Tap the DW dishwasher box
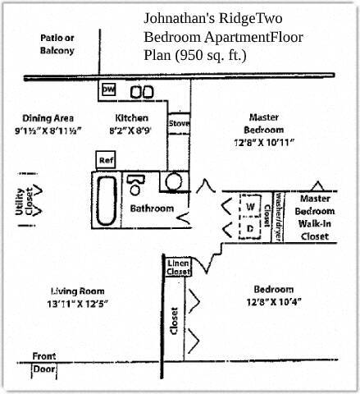tap(108, 90)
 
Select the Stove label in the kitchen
tap(179, 124)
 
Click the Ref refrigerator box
tap(106, 159)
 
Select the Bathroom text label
tap(152, 208)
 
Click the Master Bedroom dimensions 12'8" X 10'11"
tap(264, 142)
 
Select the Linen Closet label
tap(178, 266)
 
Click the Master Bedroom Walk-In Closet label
tap(315, 218)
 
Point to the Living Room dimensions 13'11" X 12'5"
tap(79, 304)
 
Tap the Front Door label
tap(44, 363)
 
